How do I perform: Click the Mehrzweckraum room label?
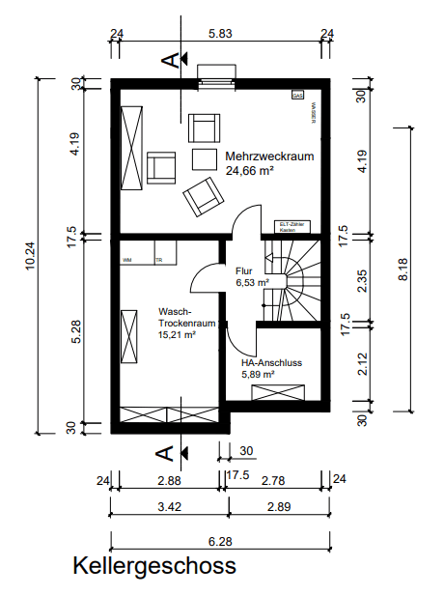[269, 156]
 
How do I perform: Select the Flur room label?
[243, 271]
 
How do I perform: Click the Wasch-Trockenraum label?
[179, 318]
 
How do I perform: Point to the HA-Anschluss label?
[273, 362]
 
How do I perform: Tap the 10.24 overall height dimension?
[31, 256]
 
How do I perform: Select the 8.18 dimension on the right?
[402, 268]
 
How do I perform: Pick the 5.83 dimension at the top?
[220, 34]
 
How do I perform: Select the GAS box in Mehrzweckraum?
[297, 97]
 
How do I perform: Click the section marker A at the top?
[172, 60]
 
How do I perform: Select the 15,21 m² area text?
[177, 334]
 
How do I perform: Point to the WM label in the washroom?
[126, 260]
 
